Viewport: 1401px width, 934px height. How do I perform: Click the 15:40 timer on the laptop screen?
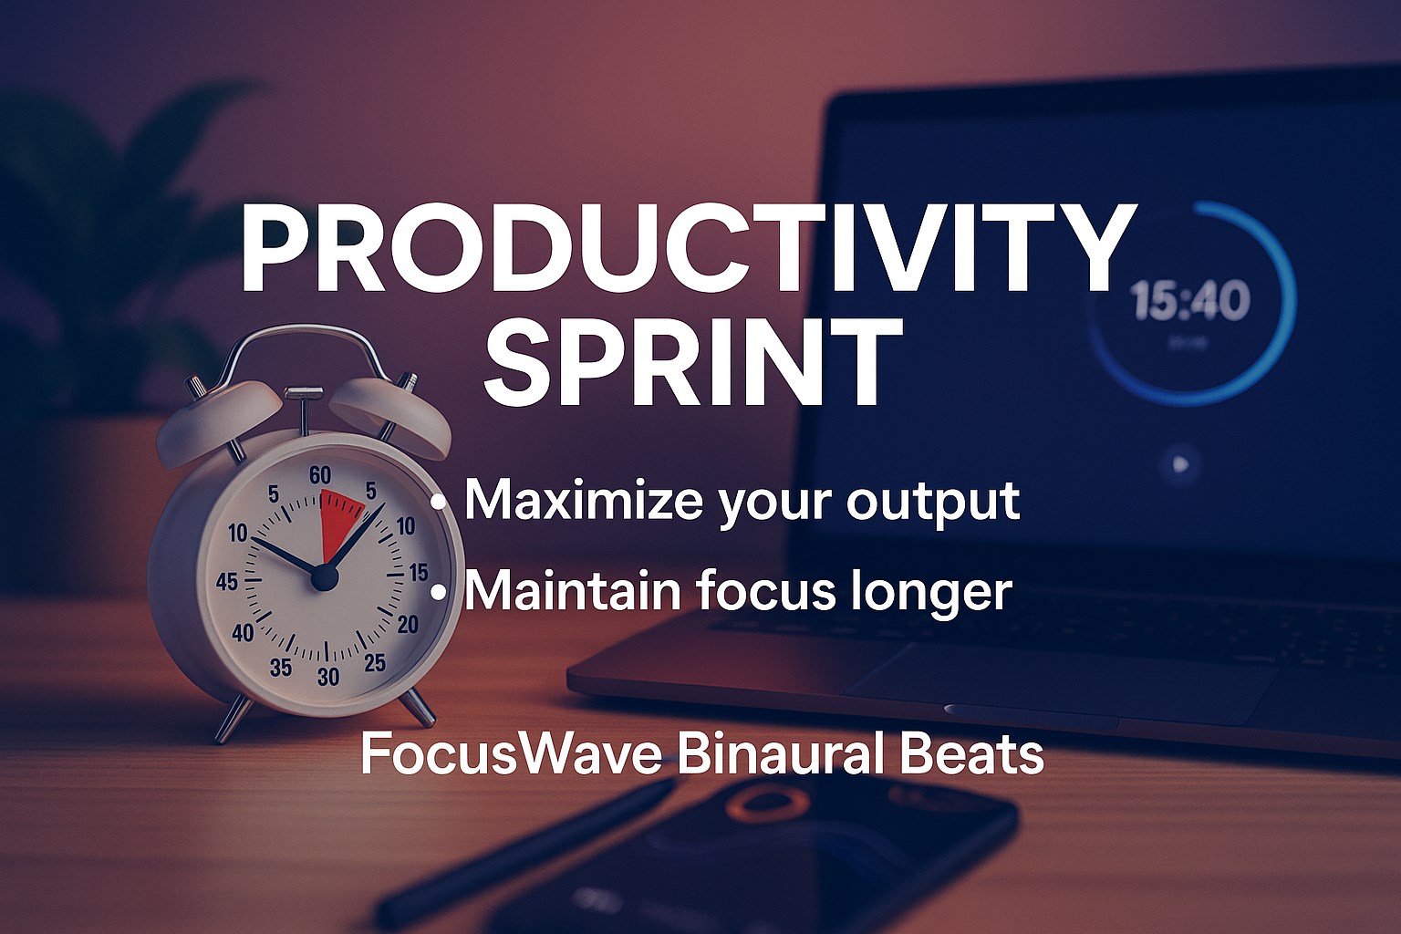[1191, 301]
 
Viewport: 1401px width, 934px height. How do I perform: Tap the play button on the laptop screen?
[1180, 464]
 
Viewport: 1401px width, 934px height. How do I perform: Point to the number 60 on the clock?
[319, 476]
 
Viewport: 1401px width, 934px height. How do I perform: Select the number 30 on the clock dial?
[328, 676]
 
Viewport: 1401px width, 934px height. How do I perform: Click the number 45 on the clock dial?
[227, 583]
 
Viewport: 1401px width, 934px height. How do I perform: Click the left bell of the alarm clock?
[219, 422]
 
